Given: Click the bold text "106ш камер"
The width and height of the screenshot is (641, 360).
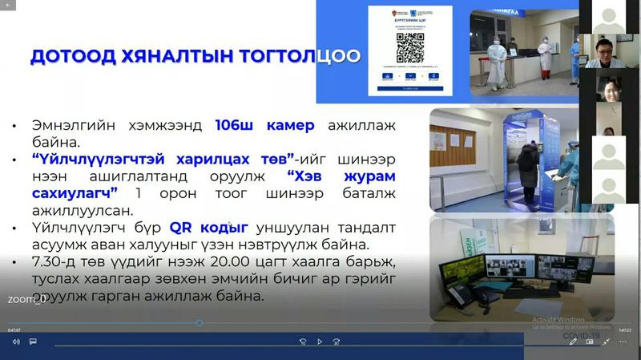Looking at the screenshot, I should [264, 126].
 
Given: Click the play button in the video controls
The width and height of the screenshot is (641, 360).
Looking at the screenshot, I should [320, 342].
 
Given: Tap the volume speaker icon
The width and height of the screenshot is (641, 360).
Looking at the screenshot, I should [15, 342].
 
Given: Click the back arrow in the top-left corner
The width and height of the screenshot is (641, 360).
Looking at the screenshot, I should [8, 5].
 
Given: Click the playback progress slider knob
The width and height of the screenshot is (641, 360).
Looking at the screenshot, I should [199, 323].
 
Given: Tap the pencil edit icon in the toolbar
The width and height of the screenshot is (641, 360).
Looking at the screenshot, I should [573, 342].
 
